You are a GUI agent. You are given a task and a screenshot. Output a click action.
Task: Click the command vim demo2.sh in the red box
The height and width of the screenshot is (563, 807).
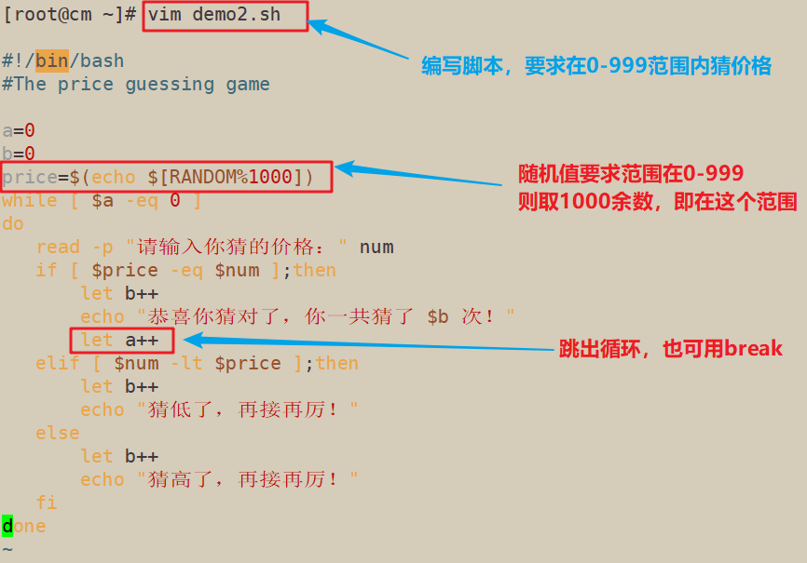225,16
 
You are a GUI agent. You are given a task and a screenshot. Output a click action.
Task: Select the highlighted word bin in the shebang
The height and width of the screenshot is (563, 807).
52,60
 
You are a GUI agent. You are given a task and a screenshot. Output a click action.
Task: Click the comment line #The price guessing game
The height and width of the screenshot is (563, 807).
136,84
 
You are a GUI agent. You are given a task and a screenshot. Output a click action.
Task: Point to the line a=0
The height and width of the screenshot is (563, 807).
19,130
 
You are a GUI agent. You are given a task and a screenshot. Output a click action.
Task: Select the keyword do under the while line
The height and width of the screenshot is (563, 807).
13,223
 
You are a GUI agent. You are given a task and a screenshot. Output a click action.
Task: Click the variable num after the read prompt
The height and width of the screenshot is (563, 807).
376,247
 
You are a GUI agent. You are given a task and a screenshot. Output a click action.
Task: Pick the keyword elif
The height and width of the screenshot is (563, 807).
58,363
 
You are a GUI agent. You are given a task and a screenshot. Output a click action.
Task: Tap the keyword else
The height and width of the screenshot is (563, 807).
58,433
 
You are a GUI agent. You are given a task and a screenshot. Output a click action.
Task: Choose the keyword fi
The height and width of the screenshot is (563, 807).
47,503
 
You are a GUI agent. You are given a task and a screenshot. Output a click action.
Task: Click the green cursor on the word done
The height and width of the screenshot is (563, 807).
7,526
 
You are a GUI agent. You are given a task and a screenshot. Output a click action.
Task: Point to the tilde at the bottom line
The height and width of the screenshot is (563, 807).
7,549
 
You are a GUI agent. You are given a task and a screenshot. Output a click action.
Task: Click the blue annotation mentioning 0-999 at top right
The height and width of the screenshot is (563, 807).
596,66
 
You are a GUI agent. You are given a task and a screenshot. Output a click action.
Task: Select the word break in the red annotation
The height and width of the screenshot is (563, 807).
754,349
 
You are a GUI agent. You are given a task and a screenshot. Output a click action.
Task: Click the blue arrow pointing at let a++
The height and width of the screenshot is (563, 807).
363,344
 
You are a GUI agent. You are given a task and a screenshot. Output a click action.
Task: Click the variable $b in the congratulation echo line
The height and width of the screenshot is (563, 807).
438,316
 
